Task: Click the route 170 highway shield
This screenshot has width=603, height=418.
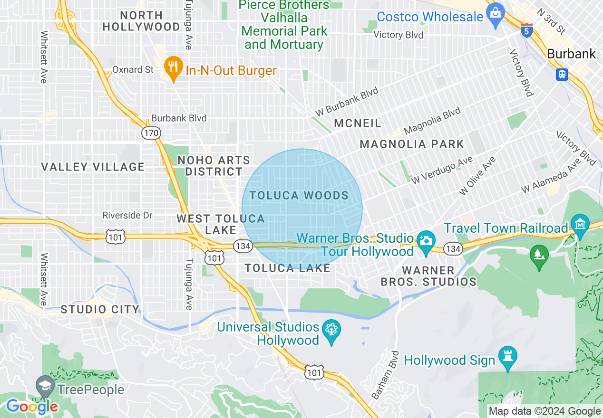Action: (x=151, y=133)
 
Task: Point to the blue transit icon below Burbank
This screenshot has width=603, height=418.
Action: (x=562, y=74)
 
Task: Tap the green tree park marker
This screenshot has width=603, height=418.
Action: (x=539, y=256)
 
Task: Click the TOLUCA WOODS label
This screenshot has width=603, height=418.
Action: (x=299, y=196)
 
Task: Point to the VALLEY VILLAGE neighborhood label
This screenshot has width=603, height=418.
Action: (x=93, y=167)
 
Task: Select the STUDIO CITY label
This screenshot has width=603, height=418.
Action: (x=100, y=310)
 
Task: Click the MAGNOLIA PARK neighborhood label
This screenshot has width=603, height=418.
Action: (x=412, y=144)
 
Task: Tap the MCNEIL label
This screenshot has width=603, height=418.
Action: (x=358, y=123)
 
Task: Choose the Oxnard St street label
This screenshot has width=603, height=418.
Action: (x=133, y=70)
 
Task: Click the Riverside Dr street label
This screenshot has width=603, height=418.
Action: (x=127, y=215)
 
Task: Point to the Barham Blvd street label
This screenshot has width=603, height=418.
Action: (x=385, y=375)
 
